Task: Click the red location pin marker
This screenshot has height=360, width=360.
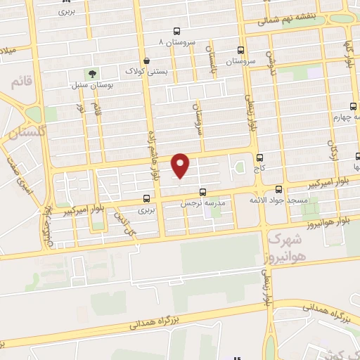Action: pyautogui.click(x=181, y=165)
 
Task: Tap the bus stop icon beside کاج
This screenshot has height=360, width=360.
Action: pyautogui.click(x=261, y=157)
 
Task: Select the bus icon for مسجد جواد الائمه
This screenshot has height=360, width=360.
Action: pyautogui.click(x=279, y=188)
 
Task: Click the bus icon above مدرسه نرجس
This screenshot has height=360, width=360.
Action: pyautogui.click(x=203, y=191)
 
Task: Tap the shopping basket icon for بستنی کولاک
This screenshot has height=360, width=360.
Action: pyautogui.click(x=146, y=60)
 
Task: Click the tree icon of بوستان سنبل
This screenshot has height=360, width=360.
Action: pyautogui.click(x=93, y=73)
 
